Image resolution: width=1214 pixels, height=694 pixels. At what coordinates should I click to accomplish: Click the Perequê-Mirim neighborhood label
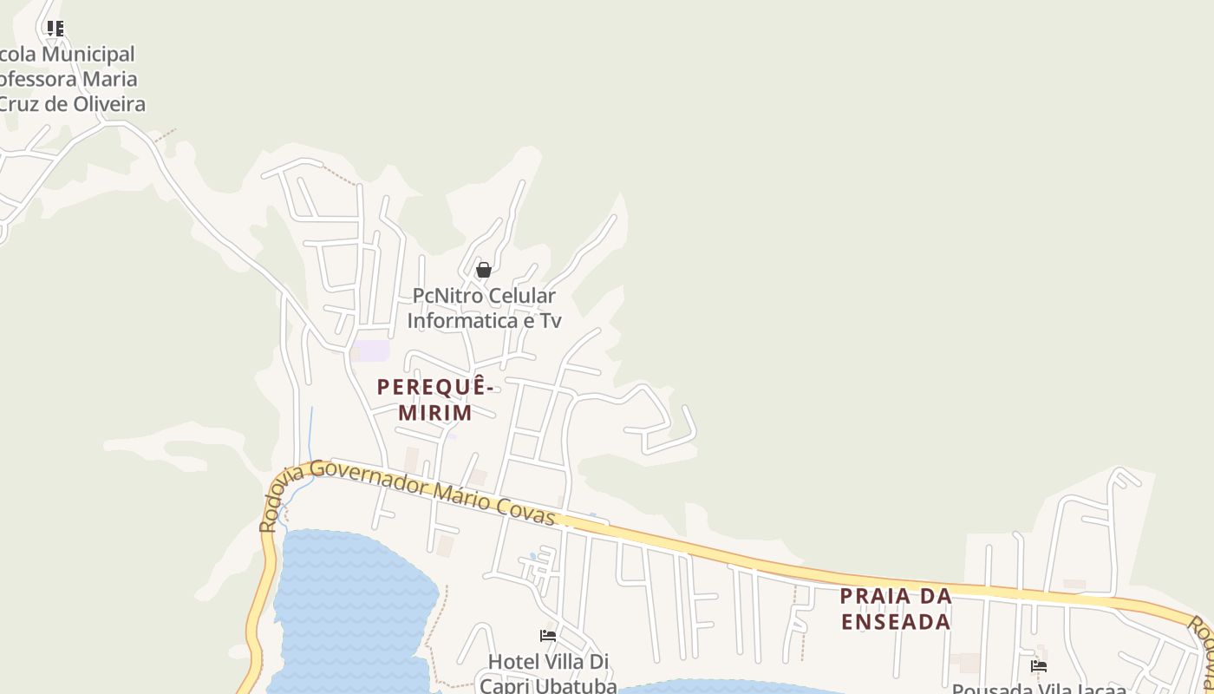click(435, 400)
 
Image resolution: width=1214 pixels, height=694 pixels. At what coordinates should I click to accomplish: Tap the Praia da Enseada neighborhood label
click(896, 609)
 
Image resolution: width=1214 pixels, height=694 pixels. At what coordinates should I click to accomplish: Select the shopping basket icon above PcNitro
click(484, 270)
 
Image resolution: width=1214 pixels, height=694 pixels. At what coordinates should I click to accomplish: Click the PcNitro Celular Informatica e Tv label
click(484, 308)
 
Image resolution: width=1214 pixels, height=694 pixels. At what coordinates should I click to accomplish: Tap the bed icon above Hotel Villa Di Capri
click(548, 636)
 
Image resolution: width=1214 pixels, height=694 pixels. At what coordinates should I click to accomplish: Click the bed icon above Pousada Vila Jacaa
click(1039, 666)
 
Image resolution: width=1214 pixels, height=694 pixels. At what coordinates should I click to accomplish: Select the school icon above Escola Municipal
click(55, 29)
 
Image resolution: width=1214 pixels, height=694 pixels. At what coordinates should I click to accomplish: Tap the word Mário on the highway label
click(463, 497)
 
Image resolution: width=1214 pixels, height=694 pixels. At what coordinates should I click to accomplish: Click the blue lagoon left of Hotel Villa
click(347, 607)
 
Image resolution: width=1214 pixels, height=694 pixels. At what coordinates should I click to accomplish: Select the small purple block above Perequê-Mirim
click(370, 350)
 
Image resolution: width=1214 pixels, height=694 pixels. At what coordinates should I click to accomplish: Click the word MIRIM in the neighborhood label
click(435, 413)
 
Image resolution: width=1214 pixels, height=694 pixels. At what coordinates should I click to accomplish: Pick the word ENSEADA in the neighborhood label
click(896, 622)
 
